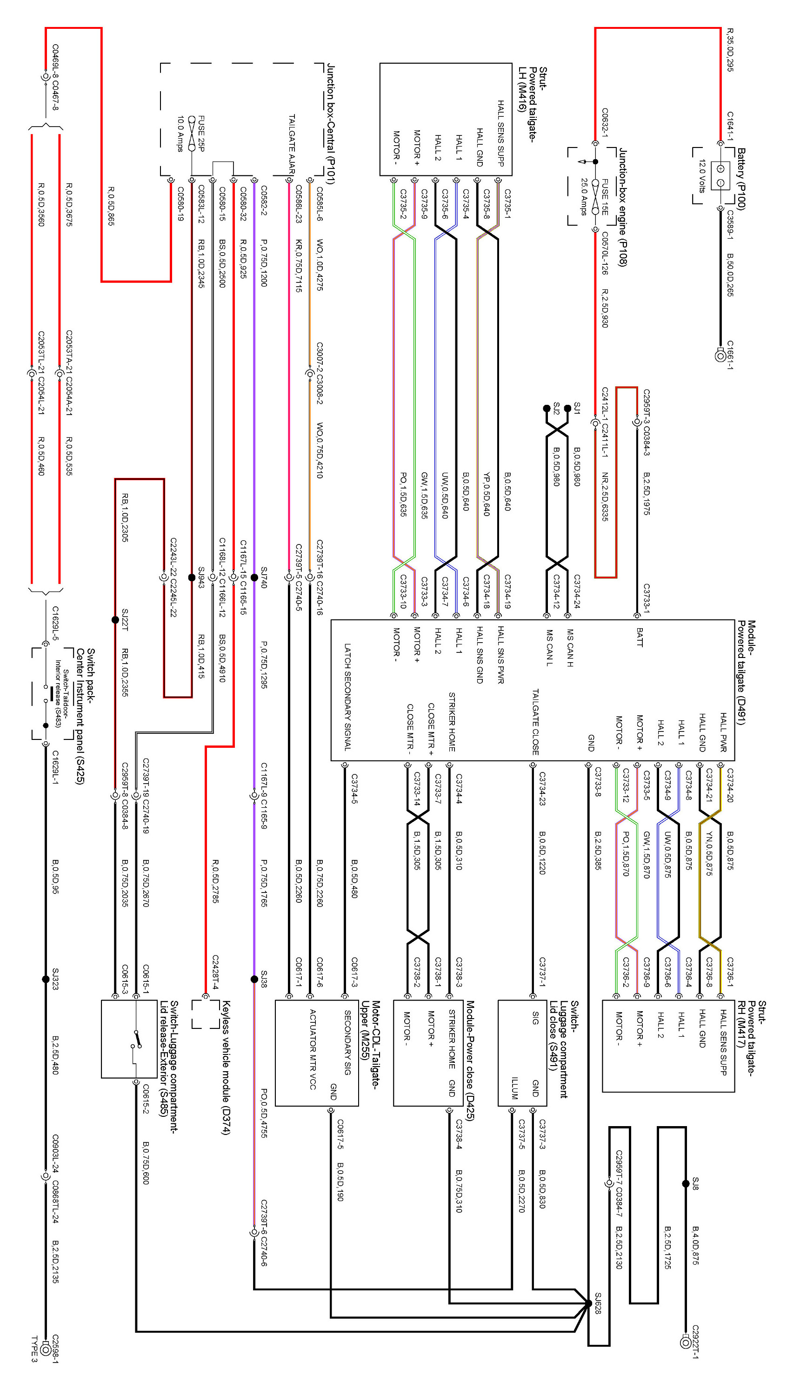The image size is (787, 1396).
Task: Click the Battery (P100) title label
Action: point(741,179)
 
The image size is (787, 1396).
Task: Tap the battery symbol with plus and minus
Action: point(720,176)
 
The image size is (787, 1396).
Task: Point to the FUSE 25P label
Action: point(201,133)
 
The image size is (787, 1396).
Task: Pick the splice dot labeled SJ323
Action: point(46,979)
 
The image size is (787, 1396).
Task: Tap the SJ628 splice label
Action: point(597,1304)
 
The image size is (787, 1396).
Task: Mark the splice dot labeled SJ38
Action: point(254,979)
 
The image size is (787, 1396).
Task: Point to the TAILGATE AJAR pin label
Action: point(291,144)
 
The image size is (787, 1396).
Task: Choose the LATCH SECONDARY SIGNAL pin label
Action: point(347,697)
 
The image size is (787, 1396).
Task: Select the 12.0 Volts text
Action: point(701,176)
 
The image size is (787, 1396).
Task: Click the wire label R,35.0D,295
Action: point(730,50)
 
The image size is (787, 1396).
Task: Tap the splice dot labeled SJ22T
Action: point(115,619)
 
